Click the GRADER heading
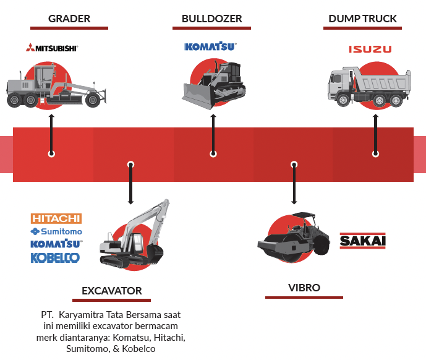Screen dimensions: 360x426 pyautogui.click(x=69, y=19)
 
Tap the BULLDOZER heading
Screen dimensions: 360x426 pyautogui.click(x=212, y=19)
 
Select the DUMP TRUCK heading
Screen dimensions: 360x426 pyautogui.click(x=363, y=19)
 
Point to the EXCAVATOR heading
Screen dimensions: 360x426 pyautogui.click(x=112, y=291)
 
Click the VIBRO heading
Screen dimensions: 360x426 pyautogui.click(x=304, y=288)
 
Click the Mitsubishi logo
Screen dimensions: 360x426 pyautogui.click(x=52, y=48)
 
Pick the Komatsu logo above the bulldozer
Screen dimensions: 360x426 pyautogui.click(x=211, y=46)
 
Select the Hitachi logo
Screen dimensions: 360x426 pyautogui.click(x=56, y=218)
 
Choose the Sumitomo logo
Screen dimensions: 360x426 pyautogui.click(x=56, y=231)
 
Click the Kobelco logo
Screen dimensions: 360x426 pyautogui.click(x=56, y=257)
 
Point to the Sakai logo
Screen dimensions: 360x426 pyautogui.click(x=362, y=241)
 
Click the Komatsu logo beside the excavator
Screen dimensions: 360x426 pyautogui.click(x=56, y=244)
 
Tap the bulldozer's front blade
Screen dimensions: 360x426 pyautogui.click(x=196, y=96)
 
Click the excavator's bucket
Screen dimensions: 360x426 pyautogui.click(x=155, y=252)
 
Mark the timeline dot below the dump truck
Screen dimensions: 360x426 pyautogui.click(x=375, y=153)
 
